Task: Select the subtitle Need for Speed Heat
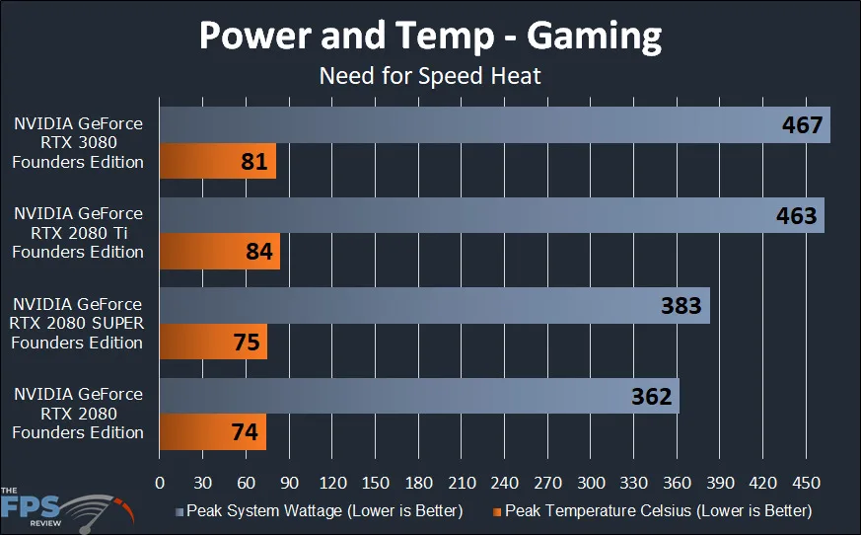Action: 430,75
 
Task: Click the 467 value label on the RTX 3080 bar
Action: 803,125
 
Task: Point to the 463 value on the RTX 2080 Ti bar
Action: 797,215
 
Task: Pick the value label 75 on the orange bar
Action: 248,342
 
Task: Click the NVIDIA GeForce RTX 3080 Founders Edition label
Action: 78,143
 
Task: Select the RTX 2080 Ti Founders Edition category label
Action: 78,233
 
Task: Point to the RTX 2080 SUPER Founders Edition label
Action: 78,323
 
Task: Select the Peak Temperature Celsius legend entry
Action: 653,511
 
